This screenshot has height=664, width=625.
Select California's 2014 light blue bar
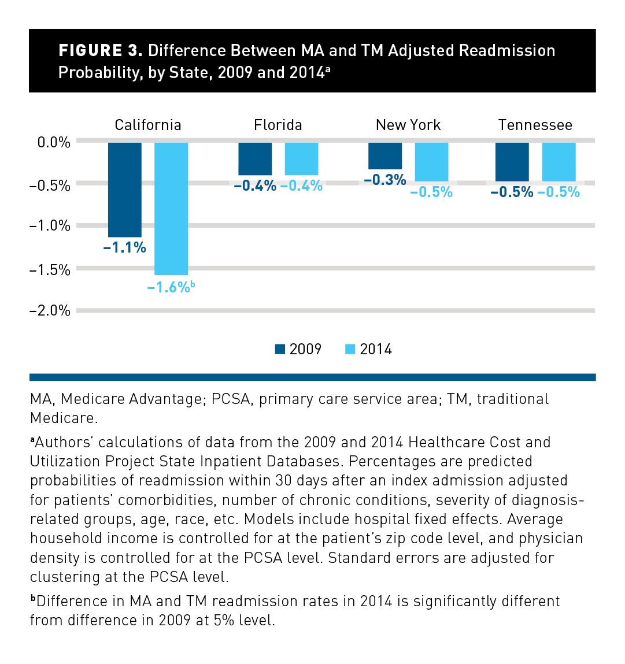point(171,209)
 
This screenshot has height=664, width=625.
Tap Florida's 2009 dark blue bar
point(255,159)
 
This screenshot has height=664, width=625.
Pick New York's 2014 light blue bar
point(431,162)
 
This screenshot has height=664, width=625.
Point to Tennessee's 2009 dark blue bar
point(512,162)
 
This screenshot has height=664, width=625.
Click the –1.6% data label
point(169,287)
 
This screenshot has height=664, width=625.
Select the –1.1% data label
point(124,248)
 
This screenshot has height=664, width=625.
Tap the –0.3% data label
point(384,180)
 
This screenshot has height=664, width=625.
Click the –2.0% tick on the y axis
point(50,311)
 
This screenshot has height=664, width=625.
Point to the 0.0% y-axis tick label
point(53,142)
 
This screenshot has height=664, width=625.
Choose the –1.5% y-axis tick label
point(50,270)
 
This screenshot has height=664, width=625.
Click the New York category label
point(408,125)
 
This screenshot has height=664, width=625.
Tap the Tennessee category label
point(535,125)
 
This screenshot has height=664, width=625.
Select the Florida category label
point(278,125)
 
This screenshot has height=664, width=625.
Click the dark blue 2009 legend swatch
point(280,349)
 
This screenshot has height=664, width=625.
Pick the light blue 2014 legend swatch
point(350,349)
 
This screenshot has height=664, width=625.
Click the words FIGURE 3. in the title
point(101,51)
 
